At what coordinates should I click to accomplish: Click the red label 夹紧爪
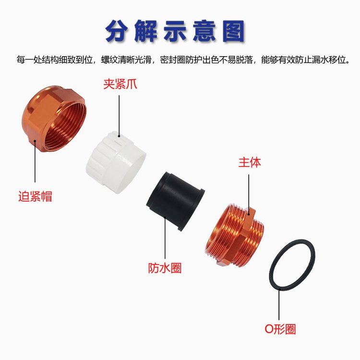click(x=120, y=84)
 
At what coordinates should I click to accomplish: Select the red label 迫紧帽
click(x=35, y=196)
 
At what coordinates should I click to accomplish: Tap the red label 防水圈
click(x=165, y=268)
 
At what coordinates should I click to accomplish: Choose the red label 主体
click(x=250, y=162)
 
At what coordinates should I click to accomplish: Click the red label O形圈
click(x=280, y=329)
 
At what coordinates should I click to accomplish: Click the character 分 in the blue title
click(x=118, y=31)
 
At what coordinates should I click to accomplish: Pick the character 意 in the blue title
click(x=204, y=31)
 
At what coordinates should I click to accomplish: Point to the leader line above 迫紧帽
click(x=35, y=161)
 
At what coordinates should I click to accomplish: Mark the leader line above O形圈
click(x=279, y=304)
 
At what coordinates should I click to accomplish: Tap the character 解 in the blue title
click(x=146, y=31)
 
